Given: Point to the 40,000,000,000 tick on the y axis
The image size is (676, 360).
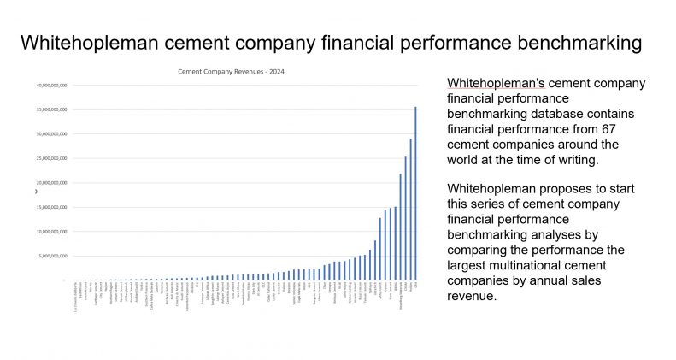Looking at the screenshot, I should [x=50, y=86].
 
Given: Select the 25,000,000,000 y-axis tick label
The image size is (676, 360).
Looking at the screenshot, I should [x=50, y=158].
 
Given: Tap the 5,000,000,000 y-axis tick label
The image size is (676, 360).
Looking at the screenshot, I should [x=52, y=256].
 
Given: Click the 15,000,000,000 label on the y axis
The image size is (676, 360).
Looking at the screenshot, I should [x=50, y=207].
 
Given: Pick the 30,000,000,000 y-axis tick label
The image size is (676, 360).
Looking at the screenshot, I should [x=50, y=134].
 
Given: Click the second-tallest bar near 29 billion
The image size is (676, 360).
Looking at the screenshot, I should [x=410, y=209].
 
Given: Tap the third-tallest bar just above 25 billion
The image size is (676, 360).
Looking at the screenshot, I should [x=405, y=218].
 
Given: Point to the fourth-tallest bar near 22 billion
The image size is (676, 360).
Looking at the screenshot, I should [x=400, y=227].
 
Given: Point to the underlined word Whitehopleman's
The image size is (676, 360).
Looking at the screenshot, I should [x=495, y=83].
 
